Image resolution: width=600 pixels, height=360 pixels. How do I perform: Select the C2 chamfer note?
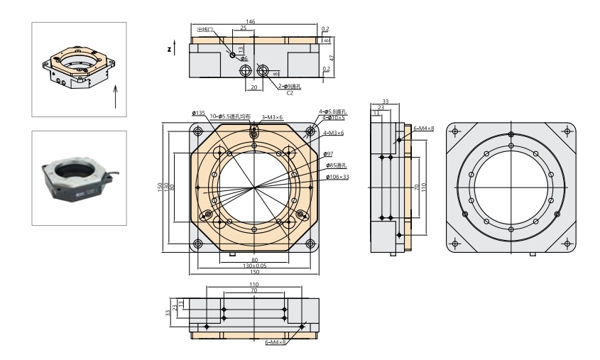click(290, 92)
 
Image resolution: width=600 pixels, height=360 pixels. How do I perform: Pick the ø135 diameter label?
click(198, 113)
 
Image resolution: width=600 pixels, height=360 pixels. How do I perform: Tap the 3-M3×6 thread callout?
click(273, 117)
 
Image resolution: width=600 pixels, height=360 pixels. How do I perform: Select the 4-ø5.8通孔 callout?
click(332, 111)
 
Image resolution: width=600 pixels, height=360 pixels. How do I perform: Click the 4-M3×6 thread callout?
click(334, 133)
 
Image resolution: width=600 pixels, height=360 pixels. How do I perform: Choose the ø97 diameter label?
click(328, 153)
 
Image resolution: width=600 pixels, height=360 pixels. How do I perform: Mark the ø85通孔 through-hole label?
click(336, 165)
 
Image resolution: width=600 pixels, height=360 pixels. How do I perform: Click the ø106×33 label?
click(337, 177)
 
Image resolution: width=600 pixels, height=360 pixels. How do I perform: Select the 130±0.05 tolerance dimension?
click(254, 266)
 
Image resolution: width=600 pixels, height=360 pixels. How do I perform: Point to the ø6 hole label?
click(244, 58)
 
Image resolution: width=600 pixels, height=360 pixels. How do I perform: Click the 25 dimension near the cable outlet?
click(244, 28)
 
